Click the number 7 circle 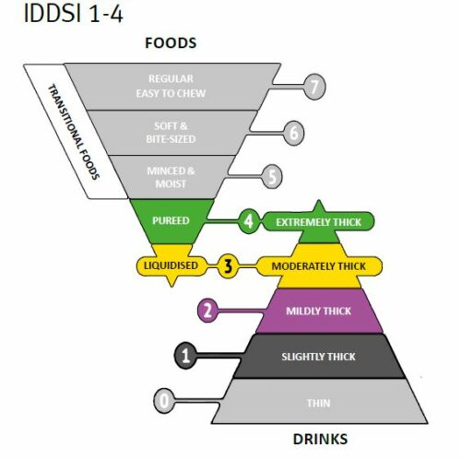314,87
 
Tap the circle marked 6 294,133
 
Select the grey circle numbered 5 272,176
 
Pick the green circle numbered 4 249,221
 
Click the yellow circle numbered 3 228,266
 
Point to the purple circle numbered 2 207,311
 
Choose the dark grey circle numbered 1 185,356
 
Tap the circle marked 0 164,401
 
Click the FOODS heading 171,42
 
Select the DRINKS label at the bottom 320,439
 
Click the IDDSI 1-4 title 73,14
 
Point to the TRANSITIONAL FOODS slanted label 74,132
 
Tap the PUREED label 171,220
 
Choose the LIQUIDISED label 171,265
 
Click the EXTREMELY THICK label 318,222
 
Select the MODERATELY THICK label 319,266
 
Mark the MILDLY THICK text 318,311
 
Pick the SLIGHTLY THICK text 318,357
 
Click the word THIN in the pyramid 319,403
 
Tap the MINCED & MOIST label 171,177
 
